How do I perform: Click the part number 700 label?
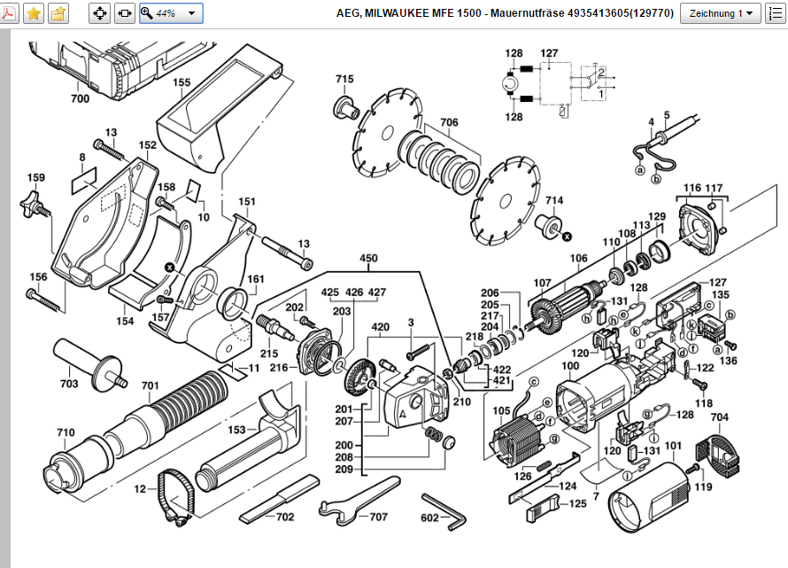pos(80,99)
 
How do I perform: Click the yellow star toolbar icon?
pos(33,13)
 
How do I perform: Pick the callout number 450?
pos(367,259)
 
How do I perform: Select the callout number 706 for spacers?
pos(449,122)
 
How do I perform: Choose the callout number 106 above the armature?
pos(578,259)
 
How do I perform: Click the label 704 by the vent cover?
pos(719,417)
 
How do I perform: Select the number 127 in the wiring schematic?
pos(549,53)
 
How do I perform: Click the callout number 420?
pos(380,326)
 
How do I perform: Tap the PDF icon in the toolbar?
pos(11,13)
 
